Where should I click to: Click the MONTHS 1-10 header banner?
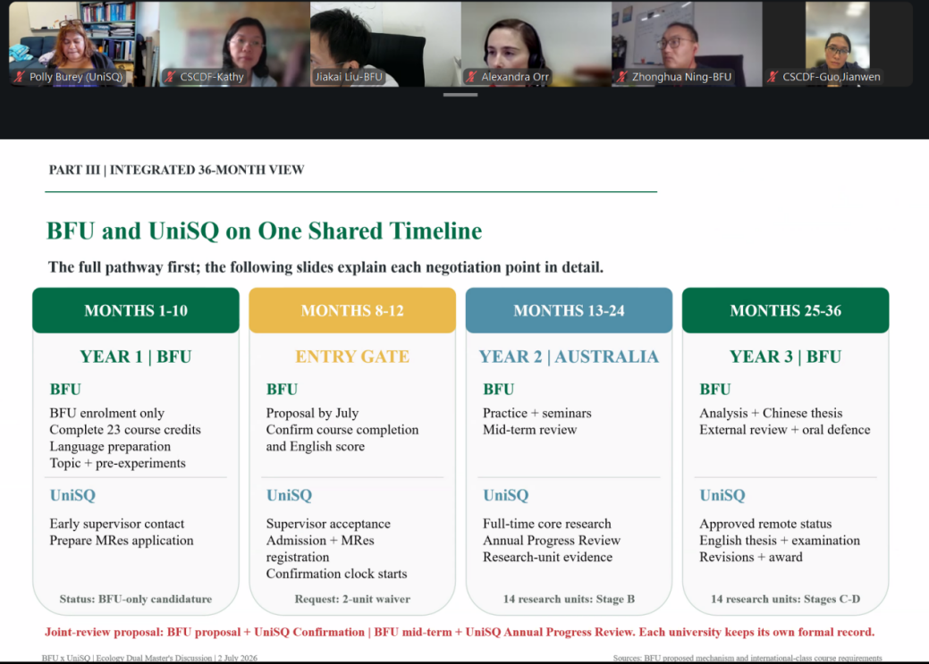(136, 310)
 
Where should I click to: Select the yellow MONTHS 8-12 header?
(352, 310)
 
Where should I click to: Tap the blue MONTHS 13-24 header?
(569, 310)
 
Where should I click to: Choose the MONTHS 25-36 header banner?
(786, 310)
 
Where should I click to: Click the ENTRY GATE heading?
(352, 357)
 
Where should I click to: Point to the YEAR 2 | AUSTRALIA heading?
(569, 357)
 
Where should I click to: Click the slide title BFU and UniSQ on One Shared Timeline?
(265, 231)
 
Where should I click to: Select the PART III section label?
(176, 170)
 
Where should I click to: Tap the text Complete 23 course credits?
(125, 430)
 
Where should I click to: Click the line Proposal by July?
(312, 413)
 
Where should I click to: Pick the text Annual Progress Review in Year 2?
(552, 540)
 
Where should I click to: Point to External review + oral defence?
(785, 430)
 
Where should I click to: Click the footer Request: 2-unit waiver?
(352, 599)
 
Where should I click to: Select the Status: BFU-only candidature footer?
(136, 599)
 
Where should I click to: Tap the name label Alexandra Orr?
(515, 77)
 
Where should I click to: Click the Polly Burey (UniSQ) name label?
(76, 77)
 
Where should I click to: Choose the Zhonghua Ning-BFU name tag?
(681, 77)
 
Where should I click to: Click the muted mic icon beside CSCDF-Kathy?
(171, 77)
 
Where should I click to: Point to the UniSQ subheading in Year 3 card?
(722, 495)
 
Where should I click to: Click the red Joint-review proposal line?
(460, 632)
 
